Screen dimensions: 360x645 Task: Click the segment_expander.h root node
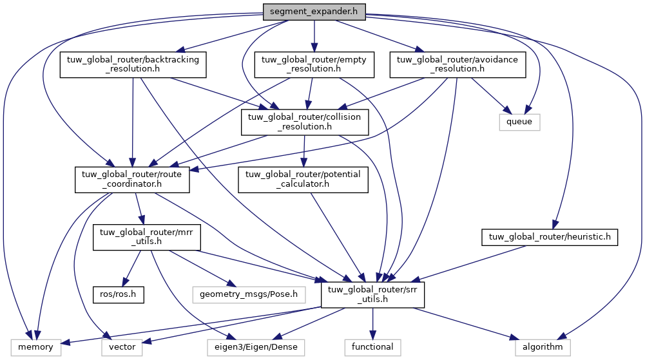tap(314, 12)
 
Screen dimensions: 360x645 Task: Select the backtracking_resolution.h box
tap(133, 65)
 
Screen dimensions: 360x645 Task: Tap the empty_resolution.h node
tap(314, 65)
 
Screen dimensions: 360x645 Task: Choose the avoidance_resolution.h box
tap(458, 65)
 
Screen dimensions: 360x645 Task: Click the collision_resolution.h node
tap(305, 122)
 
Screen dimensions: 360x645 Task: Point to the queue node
tap(519, 121)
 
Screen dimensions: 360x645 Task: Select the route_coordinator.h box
tap(132, 179)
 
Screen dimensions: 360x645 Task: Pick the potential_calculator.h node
tap(303, 179)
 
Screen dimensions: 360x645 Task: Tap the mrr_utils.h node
tap(147, 237)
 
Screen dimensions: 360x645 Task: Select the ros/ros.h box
tap(117, 295)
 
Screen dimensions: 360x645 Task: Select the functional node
tap(372, 347)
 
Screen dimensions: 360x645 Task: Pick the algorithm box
tap(543, 347)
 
